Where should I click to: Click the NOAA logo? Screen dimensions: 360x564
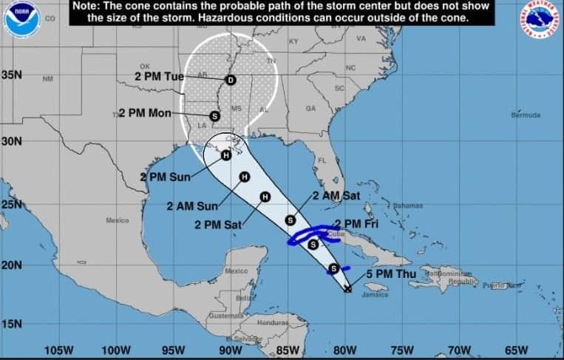22,19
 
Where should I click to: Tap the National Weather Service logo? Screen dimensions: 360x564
540,19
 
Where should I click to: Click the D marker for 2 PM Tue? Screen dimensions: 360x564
230,80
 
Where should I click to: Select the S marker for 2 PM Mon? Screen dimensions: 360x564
214,116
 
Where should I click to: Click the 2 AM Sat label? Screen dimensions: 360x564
337,196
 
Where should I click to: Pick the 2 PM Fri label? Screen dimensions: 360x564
358,224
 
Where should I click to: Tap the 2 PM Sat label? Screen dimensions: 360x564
218,225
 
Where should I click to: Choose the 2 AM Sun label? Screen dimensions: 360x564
191,206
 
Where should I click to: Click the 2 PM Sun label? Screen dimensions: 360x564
166,177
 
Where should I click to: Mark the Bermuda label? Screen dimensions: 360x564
526,115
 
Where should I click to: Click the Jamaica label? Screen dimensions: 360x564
375,295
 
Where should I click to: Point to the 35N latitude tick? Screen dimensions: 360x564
12,75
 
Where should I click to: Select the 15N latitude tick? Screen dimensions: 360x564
12,324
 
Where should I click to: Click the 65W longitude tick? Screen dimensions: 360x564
517,350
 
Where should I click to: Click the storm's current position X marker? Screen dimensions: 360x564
347,289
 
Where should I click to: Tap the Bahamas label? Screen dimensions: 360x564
407,205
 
